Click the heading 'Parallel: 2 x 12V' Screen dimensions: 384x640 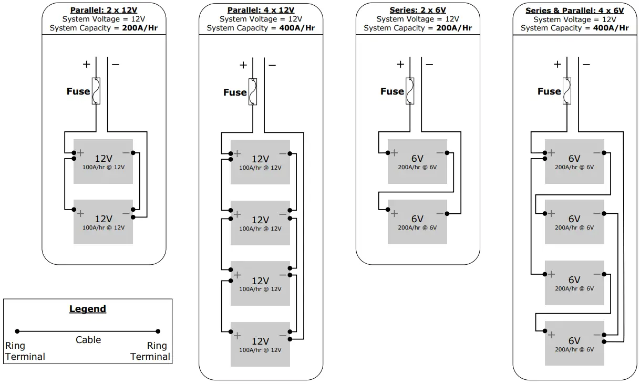point(104,10)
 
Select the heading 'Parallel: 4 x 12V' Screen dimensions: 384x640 point(261,10)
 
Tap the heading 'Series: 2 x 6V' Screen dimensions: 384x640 point(418,10)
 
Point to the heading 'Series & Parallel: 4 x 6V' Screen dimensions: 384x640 point(574,10)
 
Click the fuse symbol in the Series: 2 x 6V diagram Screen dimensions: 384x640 point(410,91)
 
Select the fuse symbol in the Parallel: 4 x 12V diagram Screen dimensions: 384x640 point(253,92)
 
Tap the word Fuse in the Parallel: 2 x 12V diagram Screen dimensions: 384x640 point(78,91)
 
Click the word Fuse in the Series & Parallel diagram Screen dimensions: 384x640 point(549,91)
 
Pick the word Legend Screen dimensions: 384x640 point(88,309)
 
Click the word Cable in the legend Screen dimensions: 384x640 point(88,340)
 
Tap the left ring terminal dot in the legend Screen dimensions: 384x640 point(17,331)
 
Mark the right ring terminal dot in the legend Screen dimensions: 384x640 point(158,331)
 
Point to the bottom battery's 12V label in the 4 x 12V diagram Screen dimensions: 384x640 point(260,341)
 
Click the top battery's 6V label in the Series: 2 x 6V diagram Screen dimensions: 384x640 point(417,159)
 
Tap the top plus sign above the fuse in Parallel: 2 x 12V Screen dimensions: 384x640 point(86,65)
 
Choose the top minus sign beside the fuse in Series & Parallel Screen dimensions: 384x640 point(586,65)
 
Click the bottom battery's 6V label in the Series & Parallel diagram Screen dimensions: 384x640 point(574,340)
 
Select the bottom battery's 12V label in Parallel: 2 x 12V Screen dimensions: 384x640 point(104,219)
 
